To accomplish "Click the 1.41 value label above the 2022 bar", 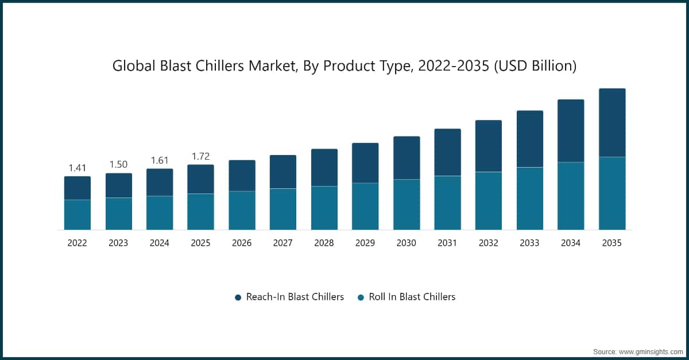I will click(x=77, y=168).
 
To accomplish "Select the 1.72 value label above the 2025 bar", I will click(x=200, y=156).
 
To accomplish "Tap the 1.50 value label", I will click(x=118, y=165).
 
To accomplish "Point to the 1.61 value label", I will click(x=160, y=160).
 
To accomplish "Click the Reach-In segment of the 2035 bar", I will click(x=612, y=123).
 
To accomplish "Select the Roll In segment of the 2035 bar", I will click(x=612, y=193).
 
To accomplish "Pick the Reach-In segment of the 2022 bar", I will click(x=77, y=188).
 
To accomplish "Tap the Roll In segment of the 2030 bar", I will click(x=407, y=204).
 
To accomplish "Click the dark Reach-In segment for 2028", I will click(x=324, y=168).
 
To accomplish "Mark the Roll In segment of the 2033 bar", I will click(x=529, y=198).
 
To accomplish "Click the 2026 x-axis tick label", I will click(x=242, y=243).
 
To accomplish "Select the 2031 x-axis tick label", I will click(x=447, y=243).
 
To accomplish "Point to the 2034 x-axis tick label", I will click(x=571, y=243).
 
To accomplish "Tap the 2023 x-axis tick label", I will click(x=118, y=243).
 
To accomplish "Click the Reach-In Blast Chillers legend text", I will click(x=295, y=297).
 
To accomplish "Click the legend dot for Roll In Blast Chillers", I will click(x=361, y=297).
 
